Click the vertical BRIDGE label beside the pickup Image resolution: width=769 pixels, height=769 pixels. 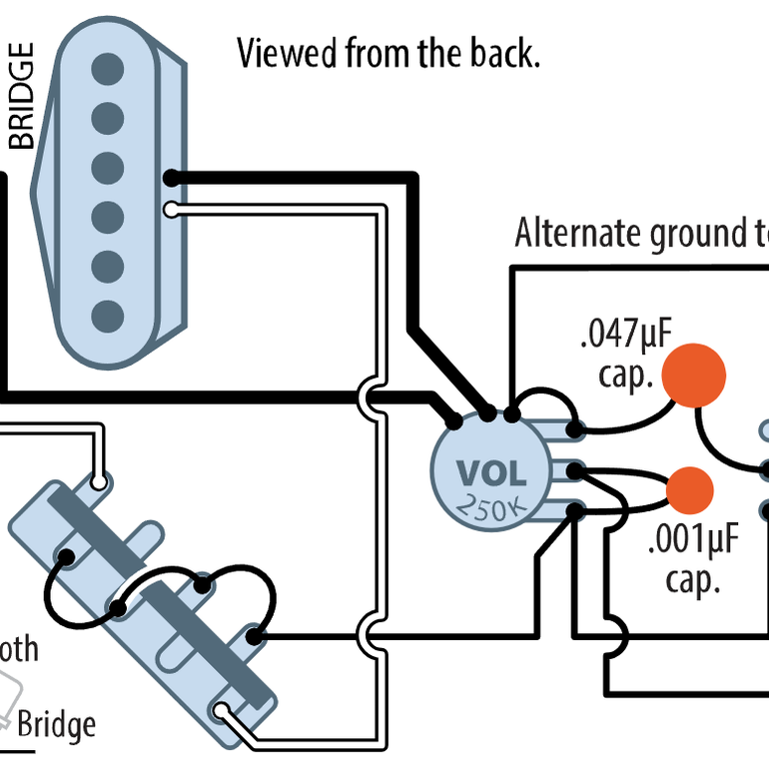pyautogui.click(x=21, y=96)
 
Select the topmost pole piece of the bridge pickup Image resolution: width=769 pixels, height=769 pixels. pyautogui.click(x=108, y=69)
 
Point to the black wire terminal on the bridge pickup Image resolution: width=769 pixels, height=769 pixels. pyautogui.click(x=172, y=179)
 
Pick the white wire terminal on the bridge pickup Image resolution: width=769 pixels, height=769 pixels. pyautogui.click(x=172, y=210)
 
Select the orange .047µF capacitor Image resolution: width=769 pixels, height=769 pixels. pyautogui.click(x=694, y=374)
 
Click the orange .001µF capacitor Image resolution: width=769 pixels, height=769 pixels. pyautogui.click(x=690, y=489)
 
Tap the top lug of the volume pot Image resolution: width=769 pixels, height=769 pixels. pyautogui.click(x=575, y=431)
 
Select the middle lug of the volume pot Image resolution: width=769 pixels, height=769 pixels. pyautogui.click(x=575, y=471)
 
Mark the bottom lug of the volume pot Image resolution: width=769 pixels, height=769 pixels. pyautogui.click(x=575, y=512)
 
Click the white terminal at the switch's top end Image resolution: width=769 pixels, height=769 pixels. pyautogui.click(x=98, y=483)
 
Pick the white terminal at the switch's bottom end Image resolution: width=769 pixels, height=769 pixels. pyautogui.click(x=221, y=712)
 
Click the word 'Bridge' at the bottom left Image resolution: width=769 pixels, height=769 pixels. pyautogui.click(x=57, y=724)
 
